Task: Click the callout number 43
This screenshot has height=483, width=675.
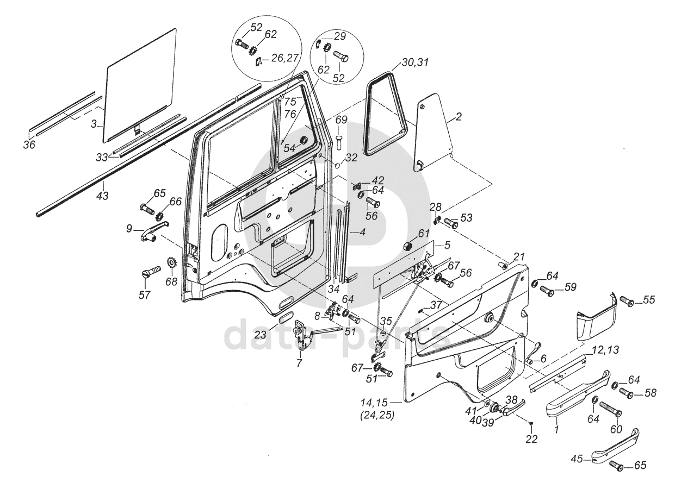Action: pos(102,196)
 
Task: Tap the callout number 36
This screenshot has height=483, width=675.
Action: pos(29,145)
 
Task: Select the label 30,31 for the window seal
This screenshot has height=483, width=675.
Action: pos(415,62)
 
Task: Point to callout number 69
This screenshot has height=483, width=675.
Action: pos(342,121)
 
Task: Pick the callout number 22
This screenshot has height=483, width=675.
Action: pos(531,440)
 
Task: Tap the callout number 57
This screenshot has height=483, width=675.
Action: pos(144,295)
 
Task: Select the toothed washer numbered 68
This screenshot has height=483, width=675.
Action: pos(172,263)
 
